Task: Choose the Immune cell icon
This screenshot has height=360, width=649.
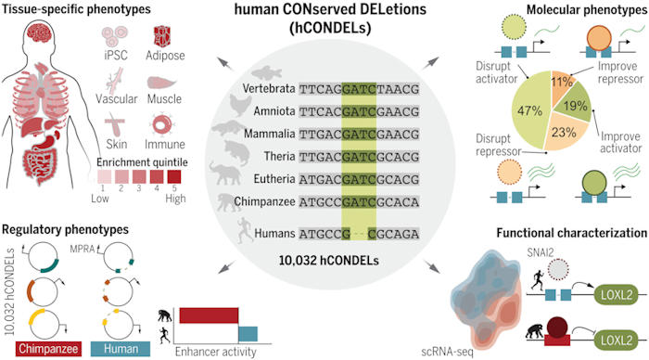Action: (x=163, y=123)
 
